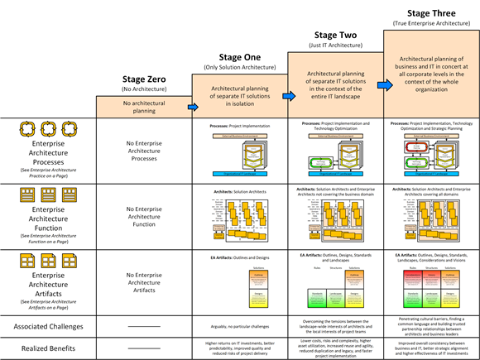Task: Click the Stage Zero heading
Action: (x=144, y=79)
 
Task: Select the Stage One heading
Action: (x=239, y=57)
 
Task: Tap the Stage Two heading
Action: (x=335, y=35)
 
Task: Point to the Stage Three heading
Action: (x=431, y=12)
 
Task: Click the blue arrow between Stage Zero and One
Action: (x=193, y=107)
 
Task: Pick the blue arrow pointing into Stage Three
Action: (x=384, y=84)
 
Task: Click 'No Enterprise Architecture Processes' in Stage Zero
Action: (x=144, y=151)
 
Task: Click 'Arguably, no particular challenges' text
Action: (x=239, y=326)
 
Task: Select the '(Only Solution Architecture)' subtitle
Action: (x=239, y=68)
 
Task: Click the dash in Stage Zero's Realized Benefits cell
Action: (x=144, y=348)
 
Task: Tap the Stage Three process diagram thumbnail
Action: (x=431, y=156)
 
